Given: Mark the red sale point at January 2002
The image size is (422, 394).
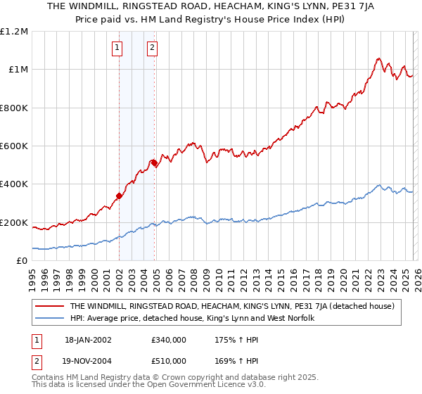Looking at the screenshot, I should (119, 196).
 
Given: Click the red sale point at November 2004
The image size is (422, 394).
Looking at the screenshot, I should (154, 163).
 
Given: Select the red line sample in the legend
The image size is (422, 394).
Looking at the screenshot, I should (50, 306).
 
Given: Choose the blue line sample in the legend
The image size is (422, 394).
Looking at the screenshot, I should (50, 319).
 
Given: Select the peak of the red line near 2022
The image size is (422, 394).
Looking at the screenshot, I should (378, 58).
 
